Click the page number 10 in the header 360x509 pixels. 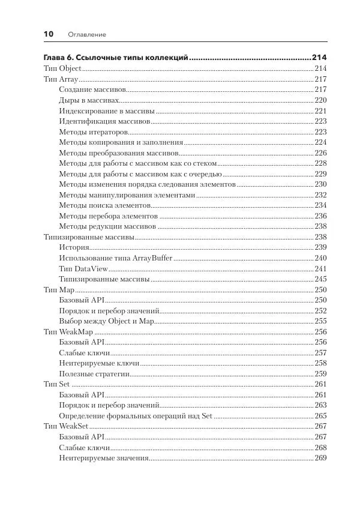pos(49,34)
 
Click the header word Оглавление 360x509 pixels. pos(87,35)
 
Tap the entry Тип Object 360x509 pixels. pos(62,68)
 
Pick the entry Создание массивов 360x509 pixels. pos(92,89)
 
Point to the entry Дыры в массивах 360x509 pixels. pos(89,100)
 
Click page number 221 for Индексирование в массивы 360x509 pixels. pos(320,111)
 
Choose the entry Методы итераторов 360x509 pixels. pos(93,131)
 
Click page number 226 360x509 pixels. pos(320,153)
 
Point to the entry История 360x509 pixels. pos(74,247)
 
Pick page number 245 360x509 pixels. pos(320,279)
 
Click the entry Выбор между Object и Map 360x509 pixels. pos(107,321)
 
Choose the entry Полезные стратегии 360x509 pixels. pos(95,373)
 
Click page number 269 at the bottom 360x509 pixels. pos(320,458)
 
